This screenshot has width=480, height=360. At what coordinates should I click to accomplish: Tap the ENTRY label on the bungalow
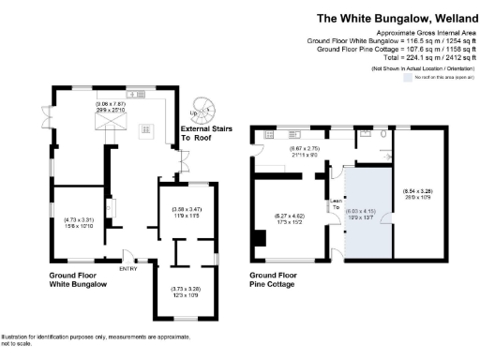coord(128,268)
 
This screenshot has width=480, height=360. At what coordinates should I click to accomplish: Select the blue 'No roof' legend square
coord(407,79)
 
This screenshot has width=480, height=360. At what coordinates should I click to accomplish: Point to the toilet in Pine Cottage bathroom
coord(372,134)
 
